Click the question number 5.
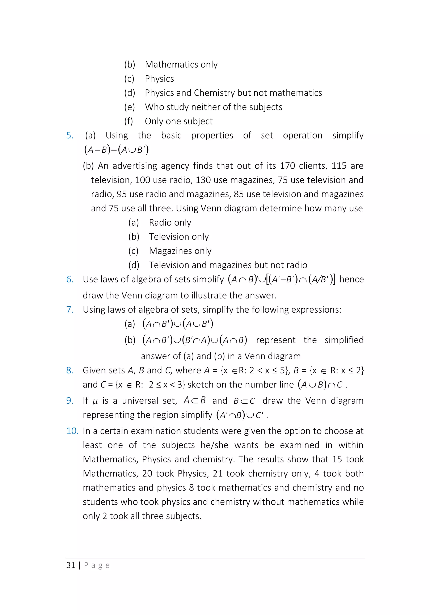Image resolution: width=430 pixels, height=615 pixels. click(70, 136)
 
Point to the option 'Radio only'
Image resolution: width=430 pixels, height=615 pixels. click(170, 222)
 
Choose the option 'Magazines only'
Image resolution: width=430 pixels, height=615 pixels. click(180, 251)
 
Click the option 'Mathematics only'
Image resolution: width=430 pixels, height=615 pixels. click(181, 65)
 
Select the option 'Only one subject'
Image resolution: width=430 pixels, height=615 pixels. click(179, 121)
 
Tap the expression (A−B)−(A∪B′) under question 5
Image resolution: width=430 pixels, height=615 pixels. click(116, 150)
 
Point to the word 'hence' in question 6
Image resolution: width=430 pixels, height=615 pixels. click(351, 279)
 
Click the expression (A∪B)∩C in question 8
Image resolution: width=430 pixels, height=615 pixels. click(320, 385)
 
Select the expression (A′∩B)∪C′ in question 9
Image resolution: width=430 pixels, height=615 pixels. click(240, 415)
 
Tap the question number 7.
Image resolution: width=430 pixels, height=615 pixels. click(70, 310)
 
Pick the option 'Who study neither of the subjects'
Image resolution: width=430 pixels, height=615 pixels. click(214, 107)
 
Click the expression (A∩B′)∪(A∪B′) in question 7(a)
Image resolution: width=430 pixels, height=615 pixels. click(178, 324)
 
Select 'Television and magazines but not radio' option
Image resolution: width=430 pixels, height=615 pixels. click(228, 265)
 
